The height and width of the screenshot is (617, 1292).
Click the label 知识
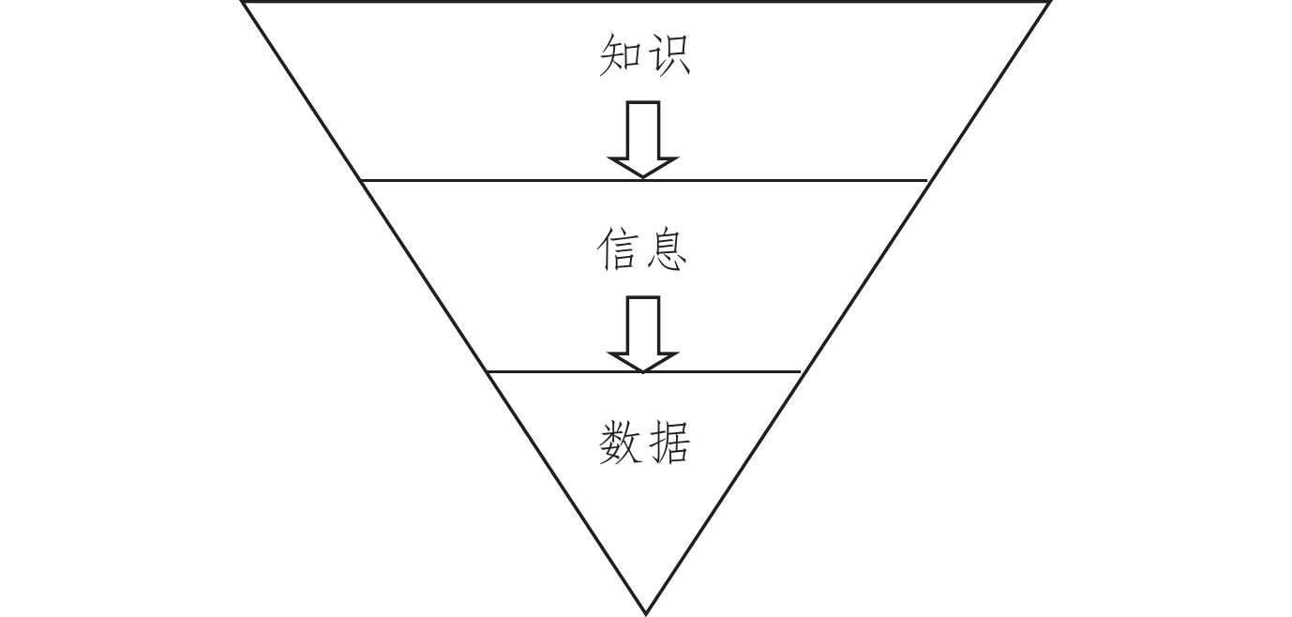coord(644,55)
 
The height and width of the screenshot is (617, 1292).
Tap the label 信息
coord(643,250)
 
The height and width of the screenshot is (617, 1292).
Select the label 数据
coord(644,443)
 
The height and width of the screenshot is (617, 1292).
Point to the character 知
coord(620,55)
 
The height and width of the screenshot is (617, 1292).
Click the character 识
coord(669,55)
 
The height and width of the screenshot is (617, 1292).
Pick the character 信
coord(619,250)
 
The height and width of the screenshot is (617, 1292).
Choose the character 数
coord(620,443)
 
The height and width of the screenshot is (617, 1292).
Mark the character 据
coord(669,443)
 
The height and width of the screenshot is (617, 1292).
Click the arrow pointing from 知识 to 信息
coord(643,138)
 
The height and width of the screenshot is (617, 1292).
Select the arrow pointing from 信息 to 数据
coord(643,333)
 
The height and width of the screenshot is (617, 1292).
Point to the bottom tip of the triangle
coord(645,614)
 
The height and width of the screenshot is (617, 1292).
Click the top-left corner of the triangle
coord(243,3)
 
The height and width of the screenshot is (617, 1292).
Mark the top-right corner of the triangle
coord(1049,3)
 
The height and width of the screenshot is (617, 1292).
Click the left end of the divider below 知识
coord(362,180)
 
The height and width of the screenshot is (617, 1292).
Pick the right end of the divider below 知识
coord(927,180)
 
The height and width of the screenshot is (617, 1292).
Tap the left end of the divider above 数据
coord(488,372)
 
